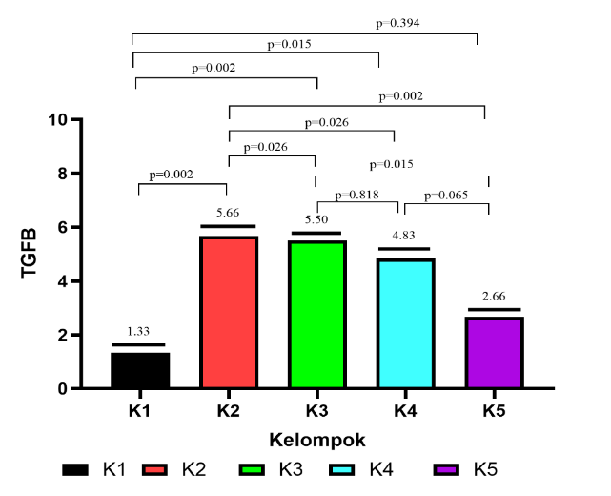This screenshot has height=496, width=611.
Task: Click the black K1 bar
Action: (140, 370)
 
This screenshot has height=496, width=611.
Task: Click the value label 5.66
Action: (228, 213)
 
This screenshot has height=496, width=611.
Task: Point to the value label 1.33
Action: (139, 331)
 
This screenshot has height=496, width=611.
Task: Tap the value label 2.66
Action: (493, 296)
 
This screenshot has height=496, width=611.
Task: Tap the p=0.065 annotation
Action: (446, 195)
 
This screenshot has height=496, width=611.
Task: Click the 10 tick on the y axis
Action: (60, 120)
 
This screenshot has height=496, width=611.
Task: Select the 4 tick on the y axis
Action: (64, 281)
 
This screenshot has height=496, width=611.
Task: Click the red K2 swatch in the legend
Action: (160, 469)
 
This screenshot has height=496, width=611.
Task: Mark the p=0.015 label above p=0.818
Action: (393, 164)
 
